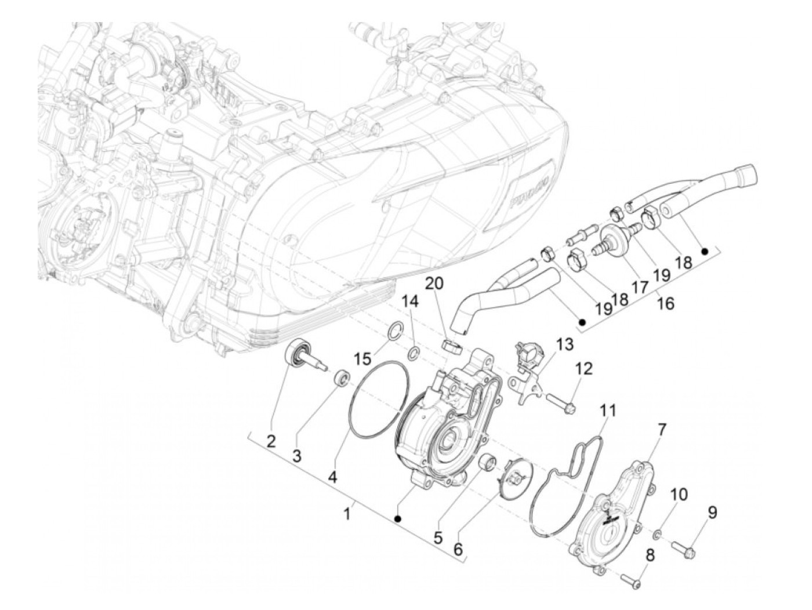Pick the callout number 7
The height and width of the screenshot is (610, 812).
pos(662,429)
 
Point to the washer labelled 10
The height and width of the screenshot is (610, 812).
pos(659,533)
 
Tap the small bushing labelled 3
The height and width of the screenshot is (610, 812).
pos(343,380)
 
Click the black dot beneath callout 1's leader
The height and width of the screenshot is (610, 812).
pos(398,518)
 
